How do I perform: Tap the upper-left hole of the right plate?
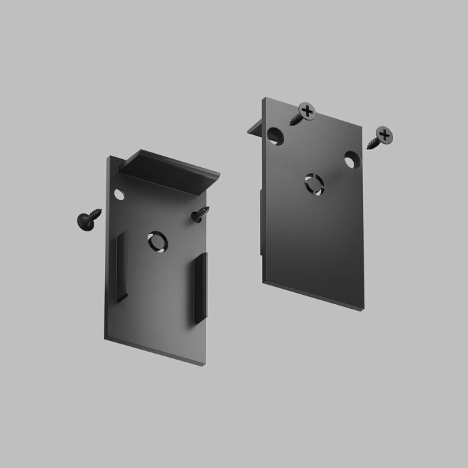click(x=275, y=136)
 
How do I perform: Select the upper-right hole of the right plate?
click(x=352, y=160)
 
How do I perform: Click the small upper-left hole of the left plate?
click(x=119, y=195)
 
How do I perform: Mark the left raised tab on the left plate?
click(x=121, y=266)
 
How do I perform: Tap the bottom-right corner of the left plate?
click(x=204, y=364)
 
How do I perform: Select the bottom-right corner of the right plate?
click(x=364, y=311)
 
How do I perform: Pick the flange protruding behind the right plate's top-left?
click(x=255, y=128)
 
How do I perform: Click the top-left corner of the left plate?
click(x=106, y=158)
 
